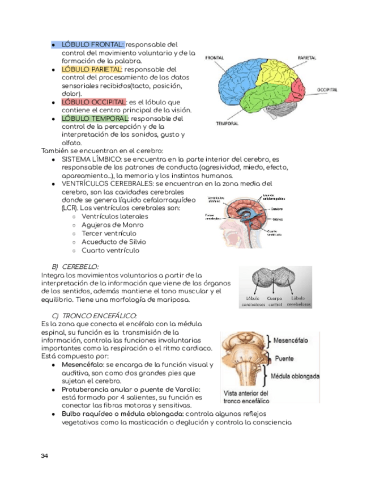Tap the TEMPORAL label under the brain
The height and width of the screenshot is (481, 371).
[x=227, y=123]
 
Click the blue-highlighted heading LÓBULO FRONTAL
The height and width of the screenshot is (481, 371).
[x=92, y=44]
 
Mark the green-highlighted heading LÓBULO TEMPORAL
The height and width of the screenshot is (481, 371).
[x=95, y=119]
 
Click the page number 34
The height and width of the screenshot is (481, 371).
[x=45, y=456]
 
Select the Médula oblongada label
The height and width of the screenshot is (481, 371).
[x=295, y=376]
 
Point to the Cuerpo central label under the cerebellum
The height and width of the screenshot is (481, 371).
[x=274, y=301]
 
